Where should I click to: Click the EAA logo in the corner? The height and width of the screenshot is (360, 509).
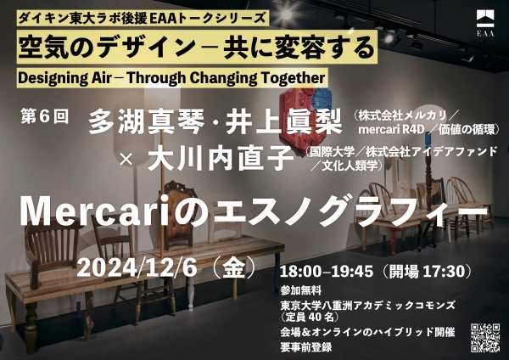coord(485,23)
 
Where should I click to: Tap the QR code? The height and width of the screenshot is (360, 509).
coord(485,338)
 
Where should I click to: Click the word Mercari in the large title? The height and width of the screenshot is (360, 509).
coord(95,212)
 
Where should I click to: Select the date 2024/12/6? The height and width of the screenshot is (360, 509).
coord(137,268)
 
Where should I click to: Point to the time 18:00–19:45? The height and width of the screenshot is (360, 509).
coord(327,272)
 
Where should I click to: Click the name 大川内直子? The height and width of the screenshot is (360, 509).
coord(221,158)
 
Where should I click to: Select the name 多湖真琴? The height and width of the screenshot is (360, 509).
coord(146,121)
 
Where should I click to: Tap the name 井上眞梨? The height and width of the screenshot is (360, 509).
coord(283,121)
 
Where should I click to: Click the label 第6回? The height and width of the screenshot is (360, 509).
coord(45,116)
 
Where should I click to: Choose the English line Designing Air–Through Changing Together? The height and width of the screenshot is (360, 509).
coord(171,78)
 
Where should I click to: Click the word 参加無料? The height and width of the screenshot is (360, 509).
coord(301,290)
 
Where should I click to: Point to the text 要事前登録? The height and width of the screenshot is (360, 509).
coord(306,346)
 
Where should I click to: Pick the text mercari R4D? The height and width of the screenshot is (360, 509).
coord(391,129)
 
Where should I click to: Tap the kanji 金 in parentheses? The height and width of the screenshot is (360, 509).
coord(234,269)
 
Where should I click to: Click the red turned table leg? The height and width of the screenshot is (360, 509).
coord(393,241)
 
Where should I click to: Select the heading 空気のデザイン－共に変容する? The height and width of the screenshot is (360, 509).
coord(197,48)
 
